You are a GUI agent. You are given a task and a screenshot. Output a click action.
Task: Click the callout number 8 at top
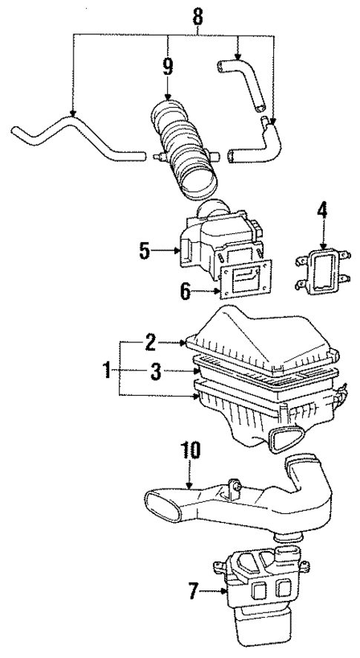pyautogui.click(x=197, y=14)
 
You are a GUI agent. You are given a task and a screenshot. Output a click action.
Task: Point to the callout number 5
pyautogui.click(x=145, y=252)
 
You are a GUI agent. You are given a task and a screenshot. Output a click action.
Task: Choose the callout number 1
pyautogui.click(x=108, y=369)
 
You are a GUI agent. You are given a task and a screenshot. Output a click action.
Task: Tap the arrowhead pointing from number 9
pyautogui.click(x=168, y=97)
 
